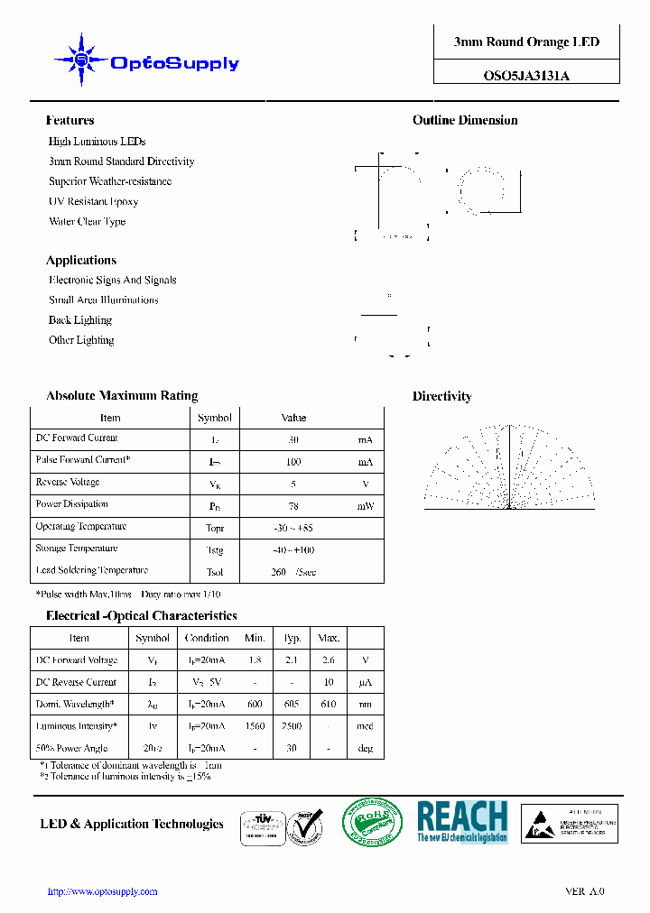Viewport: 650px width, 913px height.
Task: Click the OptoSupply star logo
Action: coord(81,60)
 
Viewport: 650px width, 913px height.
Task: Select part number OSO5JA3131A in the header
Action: coord(526,76)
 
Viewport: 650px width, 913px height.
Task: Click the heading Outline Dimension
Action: coord(465,120)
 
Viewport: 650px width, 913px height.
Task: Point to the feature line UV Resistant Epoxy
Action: coord(93,201)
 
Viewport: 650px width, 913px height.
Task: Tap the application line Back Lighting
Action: coord(80,320)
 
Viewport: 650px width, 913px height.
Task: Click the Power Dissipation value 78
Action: coord(293,506)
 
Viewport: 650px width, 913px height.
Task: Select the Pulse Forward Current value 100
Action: coord(293,462)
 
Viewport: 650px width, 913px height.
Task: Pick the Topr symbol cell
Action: coord(215,528)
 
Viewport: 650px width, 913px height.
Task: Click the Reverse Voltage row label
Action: coord(68,483)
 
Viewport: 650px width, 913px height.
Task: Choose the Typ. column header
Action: coord(292,638)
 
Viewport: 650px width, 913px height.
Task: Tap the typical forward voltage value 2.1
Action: coord(292,660)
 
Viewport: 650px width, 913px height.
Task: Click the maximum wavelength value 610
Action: coord(328,705)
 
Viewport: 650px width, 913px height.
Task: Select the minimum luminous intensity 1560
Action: coord(255,726)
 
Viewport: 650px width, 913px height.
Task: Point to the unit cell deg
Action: coord(366,749)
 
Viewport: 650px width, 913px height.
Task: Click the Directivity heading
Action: coord(442,396)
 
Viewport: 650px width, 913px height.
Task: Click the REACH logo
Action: coord(462,822)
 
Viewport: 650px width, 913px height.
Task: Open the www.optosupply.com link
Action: coord(102,891)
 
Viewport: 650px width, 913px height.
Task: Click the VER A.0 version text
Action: coord(585,891)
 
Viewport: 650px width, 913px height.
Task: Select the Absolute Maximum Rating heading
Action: coord(122,395)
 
